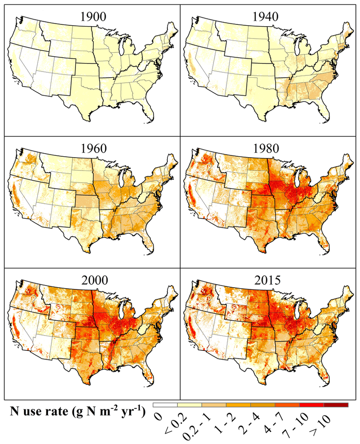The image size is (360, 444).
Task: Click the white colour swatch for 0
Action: point(165,405)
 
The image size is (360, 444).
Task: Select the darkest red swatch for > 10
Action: point(336,405)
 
